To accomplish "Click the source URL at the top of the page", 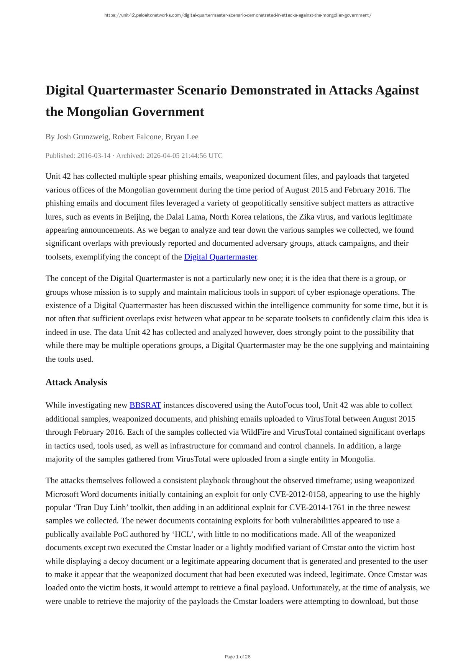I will click(x=238, y=15).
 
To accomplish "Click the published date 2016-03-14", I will click(x=94, y=156).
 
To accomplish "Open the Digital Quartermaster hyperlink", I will click(x=220, y=257).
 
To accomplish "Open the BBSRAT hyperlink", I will click(x=145, y=405).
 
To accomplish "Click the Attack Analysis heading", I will click(x=76, y=382).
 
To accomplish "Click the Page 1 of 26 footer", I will click(x=238, y=657).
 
